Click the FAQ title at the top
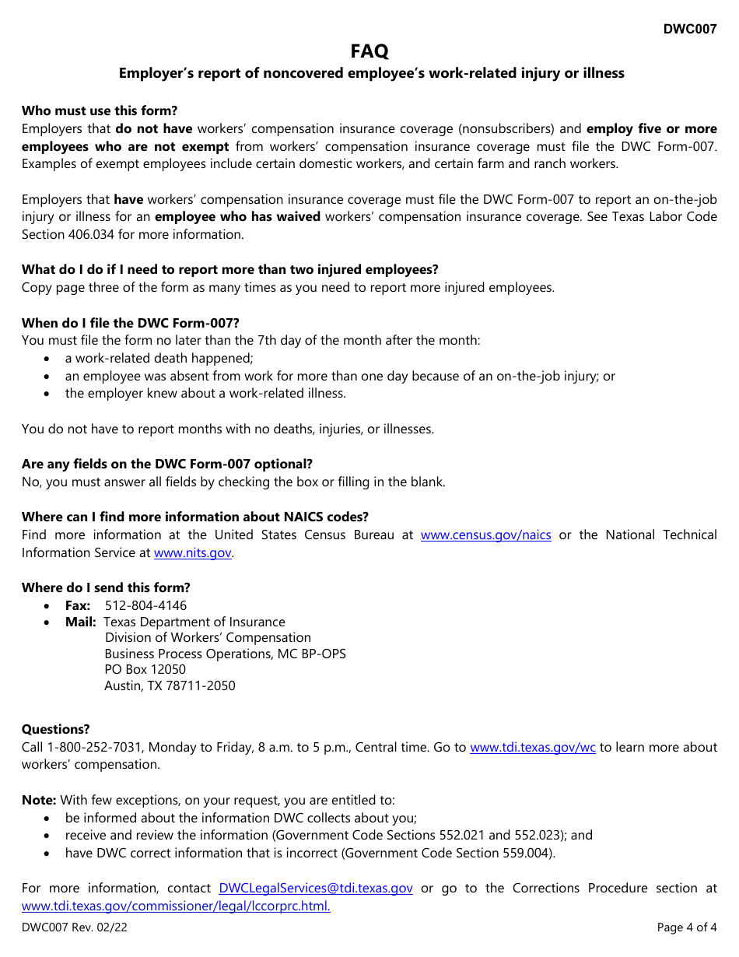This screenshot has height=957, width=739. [369, 51]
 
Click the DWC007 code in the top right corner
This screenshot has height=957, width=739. [689, 30]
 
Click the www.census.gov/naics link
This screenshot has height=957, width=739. [485, 535]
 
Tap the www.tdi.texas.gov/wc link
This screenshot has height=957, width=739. [533, 747]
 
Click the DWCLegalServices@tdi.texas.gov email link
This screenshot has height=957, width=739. [316, 888]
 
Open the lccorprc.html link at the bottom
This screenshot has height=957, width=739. [176, 906]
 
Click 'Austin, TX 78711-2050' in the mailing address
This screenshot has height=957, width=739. [170, 685]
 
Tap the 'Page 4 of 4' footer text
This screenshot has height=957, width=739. [687, 927]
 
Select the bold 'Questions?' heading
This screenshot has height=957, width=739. [55, 729]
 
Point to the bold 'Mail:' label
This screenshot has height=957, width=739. [81, 622]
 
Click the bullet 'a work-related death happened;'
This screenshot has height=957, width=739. [159, 358]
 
